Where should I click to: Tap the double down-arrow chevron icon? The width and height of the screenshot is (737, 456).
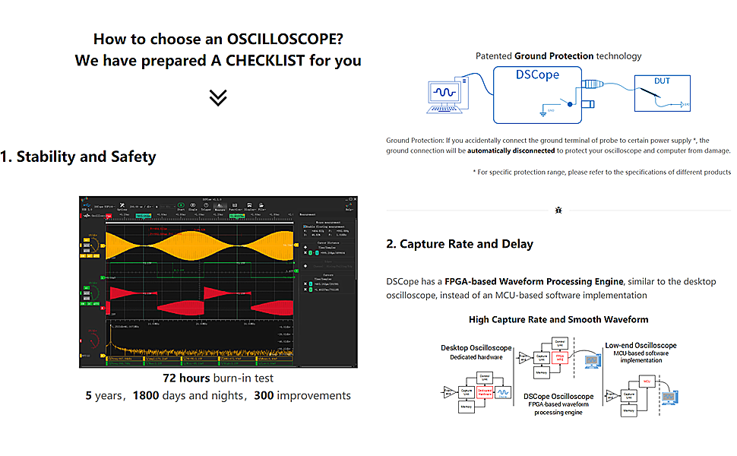coord(218,97)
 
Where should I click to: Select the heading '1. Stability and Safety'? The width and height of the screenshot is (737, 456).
coord(78,157)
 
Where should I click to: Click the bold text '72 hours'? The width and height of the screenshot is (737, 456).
coord(186,378)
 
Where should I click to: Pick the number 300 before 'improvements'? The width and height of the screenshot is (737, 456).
coord(264,395)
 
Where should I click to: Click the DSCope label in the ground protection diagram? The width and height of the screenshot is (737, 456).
coord(537,74)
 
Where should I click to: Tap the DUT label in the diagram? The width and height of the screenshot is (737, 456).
coord(663,81)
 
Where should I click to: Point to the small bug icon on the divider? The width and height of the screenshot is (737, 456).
coord(559,209)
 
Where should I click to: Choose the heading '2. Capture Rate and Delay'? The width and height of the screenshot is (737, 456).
coord(460,244)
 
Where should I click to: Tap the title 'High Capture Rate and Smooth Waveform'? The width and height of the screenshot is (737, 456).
coord(558,319)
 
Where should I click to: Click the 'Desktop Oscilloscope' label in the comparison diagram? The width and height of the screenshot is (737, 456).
coord(476,348)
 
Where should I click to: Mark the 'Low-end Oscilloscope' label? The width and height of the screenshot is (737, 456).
coord(641,346)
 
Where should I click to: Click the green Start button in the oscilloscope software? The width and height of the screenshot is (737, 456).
coord(181,205)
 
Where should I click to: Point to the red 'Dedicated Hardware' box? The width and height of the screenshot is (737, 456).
coord(485,393)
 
